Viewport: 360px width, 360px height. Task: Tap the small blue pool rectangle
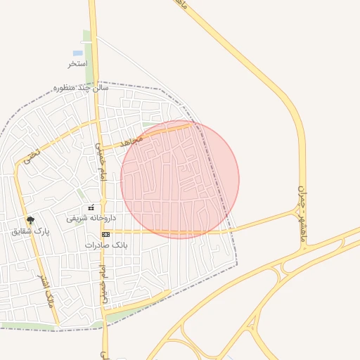[x=77, y=53]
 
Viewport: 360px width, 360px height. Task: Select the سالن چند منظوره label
[x=82, y=89]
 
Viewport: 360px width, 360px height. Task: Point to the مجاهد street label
[x=131, y=141]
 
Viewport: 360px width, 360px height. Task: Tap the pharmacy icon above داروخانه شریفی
[x=91, y=208]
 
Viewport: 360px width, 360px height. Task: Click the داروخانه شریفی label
[x=86, y=219]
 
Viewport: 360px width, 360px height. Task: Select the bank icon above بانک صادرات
[x=105, y=234]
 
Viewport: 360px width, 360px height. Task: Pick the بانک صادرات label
[x=104, y=245]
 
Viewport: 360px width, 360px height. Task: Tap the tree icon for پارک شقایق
[x=29, y=220]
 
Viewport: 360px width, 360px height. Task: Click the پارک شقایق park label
[x=32, y=231]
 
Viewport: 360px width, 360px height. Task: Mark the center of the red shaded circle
[x=180, y=180]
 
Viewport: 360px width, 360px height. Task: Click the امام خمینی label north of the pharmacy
[x=101, y=169]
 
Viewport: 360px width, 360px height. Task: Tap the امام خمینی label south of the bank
[x=104, y=285]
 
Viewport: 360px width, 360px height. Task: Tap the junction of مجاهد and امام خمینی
[x=97, y=148]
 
